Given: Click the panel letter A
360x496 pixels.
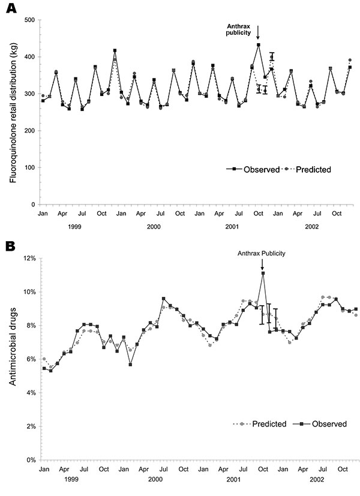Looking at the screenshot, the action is tap(11, 8).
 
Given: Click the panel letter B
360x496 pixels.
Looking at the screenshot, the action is tap(10, 247).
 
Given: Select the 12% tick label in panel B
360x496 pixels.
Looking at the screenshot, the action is tap(29, 258).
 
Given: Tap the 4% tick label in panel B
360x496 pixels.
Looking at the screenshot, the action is tap(31, 393).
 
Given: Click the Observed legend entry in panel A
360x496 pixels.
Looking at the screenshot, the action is tap(253, 169).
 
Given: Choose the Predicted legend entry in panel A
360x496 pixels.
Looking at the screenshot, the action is tap(307, 169).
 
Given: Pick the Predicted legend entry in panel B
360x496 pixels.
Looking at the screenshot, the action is tap(260, 423).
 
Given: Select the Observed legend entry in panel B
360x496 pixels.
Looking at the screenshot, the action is tap(320, 423).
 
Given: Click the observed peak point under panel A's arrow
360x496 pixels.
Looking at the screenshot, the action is tap(259, 44).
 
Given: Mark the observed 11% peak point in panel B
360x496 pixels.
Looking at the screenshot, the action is tap(263, 273).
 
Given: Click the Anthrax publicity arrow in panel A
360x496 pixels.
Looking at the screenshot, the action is tap(258, 33).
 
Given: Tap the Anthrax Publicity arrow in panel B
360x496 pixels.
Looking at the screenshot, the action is tap(262, 264).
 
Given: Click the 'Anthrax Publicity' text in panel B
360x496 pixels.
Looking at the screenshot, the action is tap(262, 253).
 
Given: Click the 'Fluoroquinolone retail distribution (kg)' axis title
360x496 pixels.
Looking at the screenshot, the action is tap(13, 112).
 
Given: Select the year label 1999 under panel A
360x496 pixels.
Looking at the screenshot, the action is tap(74, 227).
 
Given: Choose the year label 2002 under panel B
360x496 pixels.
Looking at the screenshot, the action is tap(317, 480).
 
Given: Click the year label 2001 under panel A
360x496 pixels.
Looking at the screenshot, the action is tap(232, 227).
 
